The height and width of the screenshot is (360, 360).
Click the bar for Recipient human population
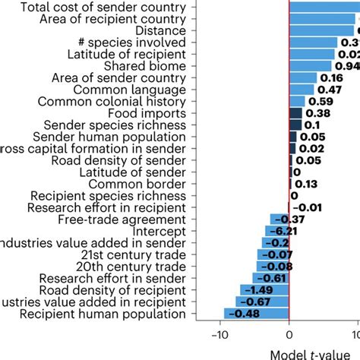[257, 314]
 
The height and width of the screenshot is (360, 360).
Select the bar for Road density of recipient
[264, 290]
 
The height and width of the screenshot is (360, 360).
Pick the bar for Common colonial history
[297, 101]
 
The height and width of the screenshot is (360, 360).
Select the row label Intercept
[159, 231]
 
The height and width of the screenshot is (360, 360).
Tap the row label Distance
[160, 30]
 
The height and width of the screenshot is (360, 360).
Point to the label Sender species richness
[114, 125]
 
